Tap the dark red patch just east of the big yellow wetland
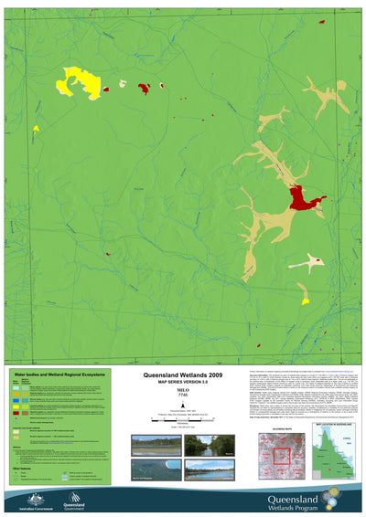144,88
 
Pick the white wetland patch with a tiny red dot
307,262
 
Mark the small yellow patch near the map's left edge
36,129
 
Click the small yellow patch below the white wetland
305,300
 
